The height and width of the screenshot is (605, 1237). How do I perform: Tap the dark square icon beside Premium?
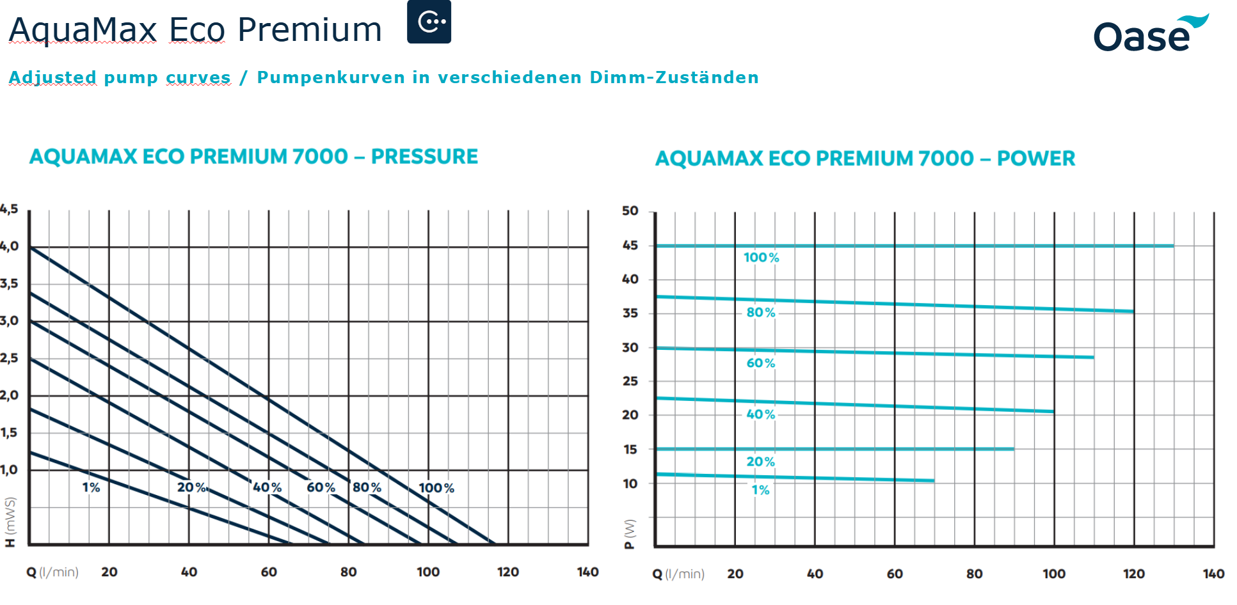pyautogui.click(x=429, y=22)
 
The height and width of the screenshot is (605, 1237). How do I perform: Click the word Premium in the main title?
pyautogui.click(x=310, y=30)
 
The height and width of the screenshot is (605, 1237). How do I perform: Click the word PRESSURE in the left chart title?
pyautogui.click(x=424, y=157)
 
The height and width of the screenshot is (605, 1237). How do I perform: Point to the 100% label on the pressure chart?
pyautogui.click(x=436, y=488)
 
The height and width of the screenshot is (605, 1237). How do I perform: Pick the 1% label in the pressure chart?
pyautogui.click(x=91, y=487)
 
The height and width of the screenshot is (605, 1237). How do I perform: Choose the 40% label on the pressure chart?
pyautogui.click(x=267, y=487)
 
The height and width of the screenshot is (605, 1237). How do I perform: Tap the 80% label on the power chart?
pyautogui.click(x=761, y=313)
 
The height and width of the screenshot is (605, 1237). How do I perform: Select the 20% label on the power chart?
pyautogui.click(x=761, y=462)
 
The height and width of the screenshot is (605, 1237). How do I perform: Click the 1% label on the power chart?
pyautogui.click(x=760, y=491)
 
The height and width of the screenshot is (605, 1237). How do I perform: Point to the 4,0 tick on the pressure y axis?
pyautogui.click(x=9, y=246)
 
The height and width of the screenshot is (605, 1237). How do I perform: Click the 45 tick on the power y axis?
pyautogui.click(x=630, y=246)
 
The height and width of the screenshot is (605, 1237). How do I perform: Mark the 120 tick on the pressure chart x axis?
pyautogui.click(x=508, y=572)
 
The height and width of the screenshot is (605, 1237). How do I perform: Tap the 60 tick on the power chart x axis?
pyautogui.click(x=895, y=574)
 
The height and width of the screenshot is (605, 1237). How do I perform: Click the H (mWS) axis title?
pyautogui.click(x=10, y=522)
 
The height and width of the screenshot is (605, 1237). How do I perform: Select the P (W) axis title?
pyautogui.click(x=630, y=533)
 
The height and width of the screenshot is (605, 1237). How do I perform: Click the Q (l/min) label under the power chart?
pyautogui.click(x=678, y=574)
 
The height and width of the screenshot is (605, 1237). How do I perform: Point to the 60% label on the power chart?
pyautogui.click(x=761, y=363)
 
